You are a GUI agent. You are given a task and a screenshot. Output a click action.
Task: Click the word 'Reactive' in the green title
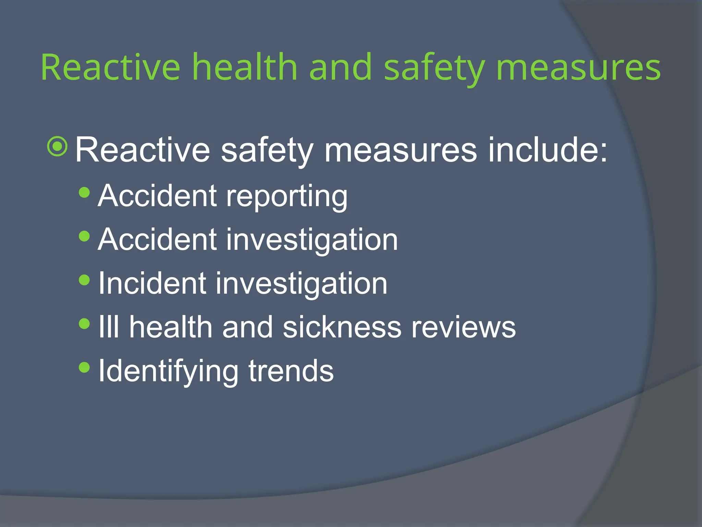pos(110,67)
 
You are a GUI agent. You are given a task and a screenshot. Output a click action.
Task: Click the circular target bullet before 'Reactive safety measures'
pos(58,147)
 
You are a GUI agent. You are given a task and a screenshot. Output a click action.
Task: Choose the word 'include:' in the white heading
pos(547,150)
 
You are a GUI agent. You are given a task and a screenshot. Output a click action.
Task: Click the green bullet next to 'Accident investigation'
pos(84,236)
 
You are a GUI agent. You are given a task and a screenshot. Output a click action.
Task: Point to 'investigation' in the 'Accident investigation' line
pos(312,240)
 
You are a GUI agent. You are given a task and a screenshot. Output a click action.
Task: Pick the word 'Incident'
pos(152,284)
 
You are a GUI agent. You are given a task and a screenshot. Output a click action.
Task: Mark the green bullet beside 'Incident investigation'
pos(84,280)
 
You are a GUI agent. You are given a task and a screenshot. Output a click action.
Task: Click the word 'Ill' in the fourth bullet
pos(109,327)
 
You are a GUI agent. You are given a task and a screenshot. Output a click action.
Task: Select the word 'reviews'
pos(463,327)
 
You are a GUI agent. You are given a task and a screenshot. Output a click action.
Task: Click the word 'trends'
pos(291,371)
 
